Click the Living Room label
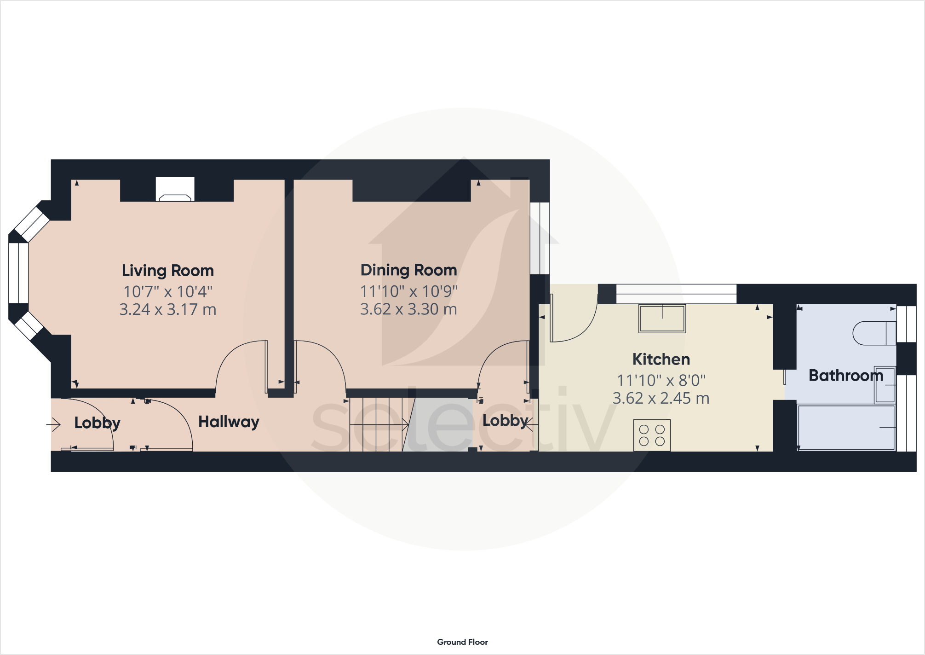168,271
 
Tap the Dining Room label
408,270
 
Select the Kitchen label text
661,359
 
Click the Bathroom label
845,376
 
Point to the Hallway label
229,422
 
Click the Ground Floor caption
462,642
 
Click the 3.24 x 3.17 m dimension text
168,309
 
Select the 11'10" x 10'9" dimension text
408,291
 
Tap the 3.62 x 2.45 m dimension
661,398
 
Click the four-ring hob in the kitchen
652,435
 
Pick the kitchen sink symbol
662,319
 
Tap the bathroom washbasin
885,385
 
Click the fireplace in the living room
175,190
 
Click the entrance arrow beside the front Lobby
54,424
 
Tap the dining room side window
540,238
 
